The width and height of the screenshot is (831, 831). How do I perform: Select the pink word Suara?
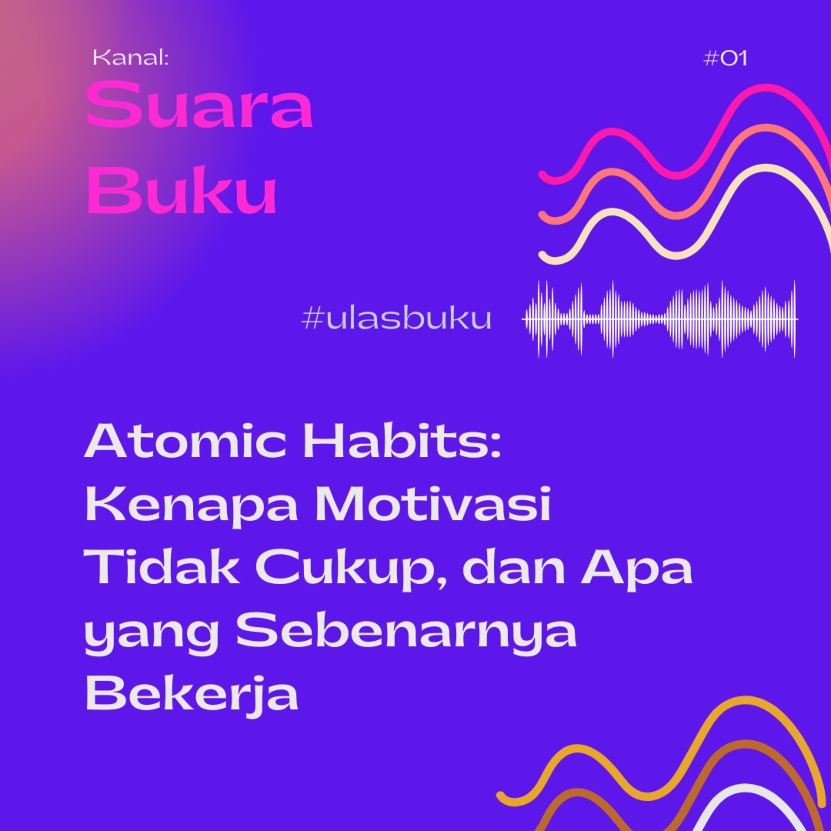pyautogui.click(x=199, y=106)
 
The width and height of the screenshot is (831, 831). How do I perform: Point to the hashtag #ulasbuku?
pyautogui.click(x=396, y=319)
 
